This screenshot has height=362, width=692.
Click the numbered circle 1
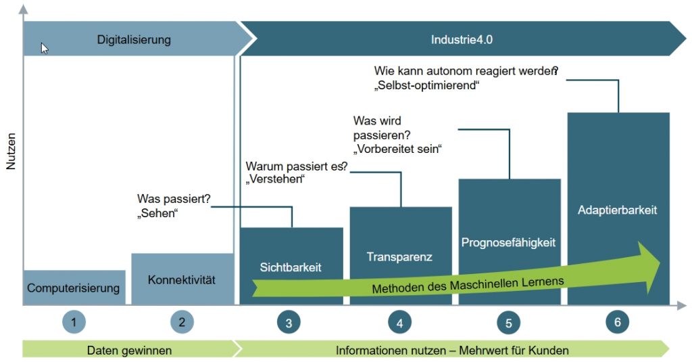74,322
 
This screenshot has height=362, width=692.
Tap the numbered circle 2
182,322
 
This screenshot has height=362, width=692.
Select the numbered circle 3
289,323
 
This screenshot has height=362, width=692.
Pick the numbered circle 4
399,323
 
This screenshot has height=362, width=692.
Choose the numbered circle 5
508,323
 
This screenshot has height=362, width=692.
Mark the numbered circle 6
617,322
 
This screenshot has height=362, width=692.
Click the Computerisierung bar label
74,288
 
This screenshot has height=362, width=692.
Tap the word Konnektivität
181,279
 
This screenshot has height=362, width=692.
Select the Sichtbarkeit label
291,267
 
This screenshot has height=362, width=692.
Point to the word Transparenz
399,257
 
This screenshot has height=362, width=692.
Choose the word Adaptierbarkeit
617,210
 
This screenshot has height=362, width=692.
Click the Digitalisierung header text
134,40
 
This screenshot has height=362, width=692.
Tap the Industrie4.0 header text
462,40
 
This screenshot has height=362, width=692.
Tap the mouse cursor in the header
44,48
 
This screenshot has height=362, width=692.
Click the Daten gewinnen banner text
129,350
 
